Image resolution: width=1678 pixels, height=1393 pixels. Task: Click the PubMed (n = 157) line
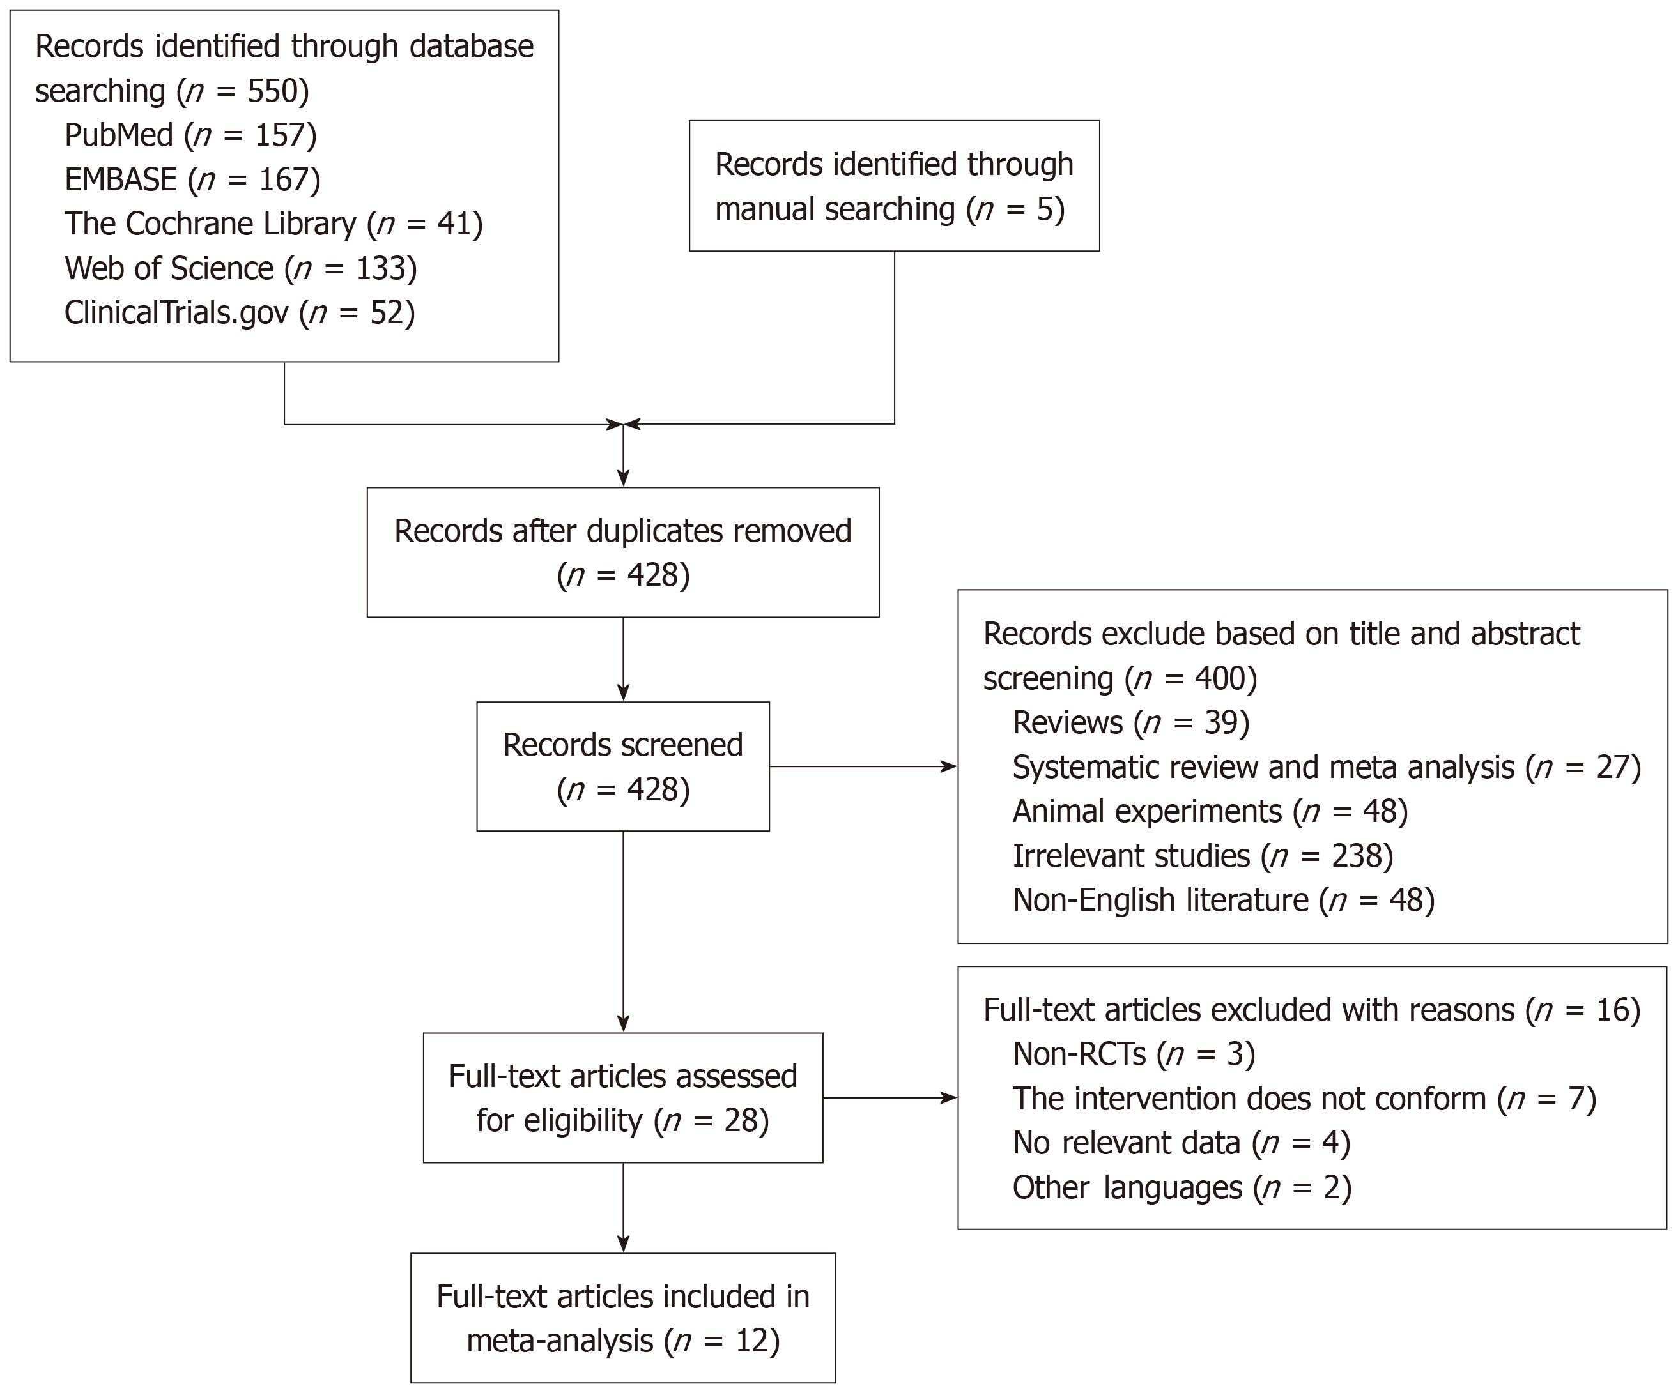[x=190, y=135]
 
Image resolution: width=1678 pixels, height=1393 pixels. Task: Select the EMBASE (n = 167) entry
[x=192, y=179]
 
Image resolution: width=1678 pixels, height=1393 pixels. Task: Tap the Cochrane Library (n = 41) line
[x=273, y=224]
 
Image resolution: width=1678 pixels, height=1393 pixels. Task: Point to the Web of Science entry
[x=240, y=268]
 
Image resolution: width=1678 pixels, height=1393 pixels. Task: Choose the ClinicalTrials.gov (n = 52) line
[x=239, y=312]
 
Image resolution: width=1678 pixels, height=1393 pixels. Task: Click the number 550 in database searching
[x=272, y=91]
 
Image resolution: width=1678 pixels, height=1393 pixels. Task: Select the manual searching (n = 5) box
[x=893, y=186]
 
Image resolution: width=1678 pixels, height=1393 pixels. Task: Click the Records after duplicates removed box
[x=622, y=552]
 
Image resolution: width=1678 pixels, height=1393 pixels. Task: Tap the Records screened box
[x=622, y=767]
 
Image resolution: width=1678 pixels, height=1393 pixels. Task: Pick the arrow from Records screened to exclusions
[x=863, y=767]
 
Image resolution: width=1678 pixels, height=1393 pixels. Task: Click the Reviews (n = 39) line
[x=1130, y=723]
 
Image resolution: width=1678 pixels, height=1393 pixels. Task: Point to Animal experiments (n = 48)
[x=1210, y=812]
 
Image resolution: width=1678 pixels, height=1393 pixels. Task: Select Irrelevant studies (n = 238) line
[x=1203, y=856]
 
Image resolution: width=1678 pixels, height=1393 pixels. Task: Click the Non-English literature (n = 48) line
[x=1223, y=900]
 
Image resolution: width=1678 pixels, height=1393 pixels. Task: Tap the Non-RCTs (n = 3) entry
[x=1133, y=1054]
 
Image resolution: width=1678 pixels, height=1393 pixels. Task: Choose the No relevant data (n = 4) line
[x=1181, y=1143]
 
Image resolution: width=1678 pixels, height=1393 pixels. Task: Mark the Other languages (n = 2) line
[x=1181, y=1188]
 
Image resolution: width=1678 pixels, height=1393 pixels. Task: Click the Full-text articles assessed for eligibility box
[x=622, y=1099]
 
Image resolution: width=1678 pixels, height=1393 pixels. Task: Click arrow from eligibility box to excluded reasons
[x=889, y=1099]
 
